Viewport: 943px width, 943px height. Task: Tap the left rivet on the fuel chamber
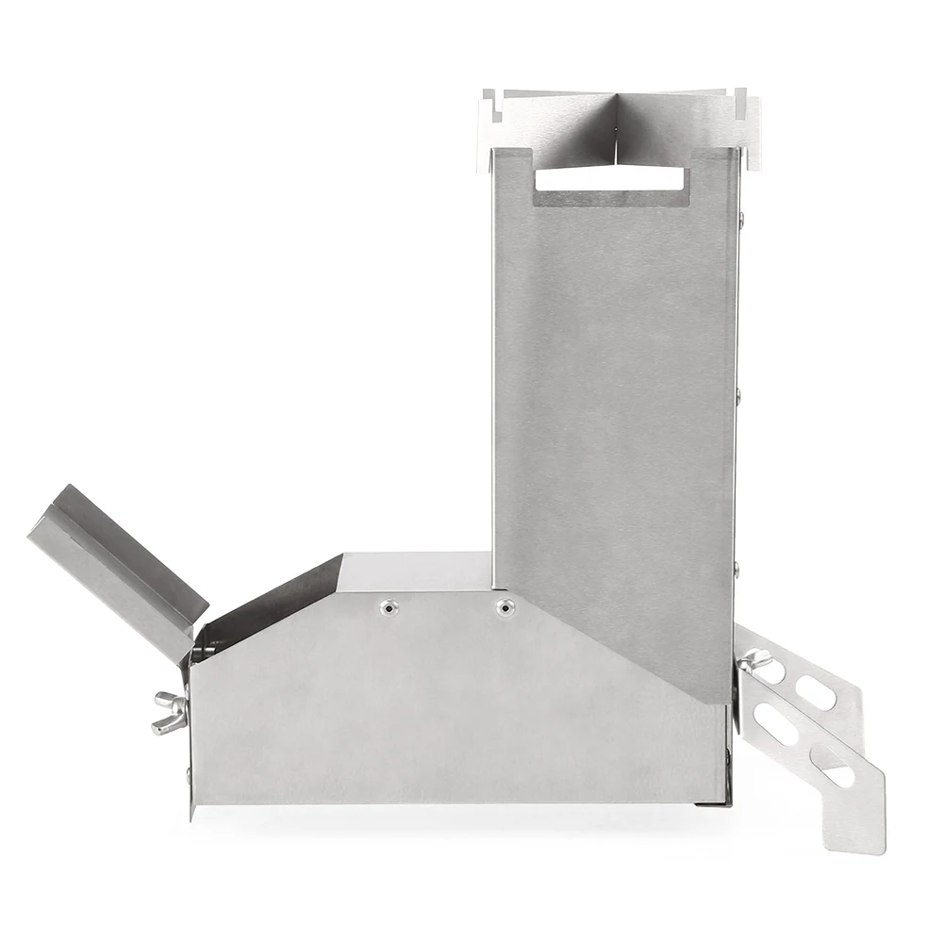coord(388,608)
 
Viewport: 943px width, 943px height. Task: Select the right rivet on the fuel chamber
coord(505,607)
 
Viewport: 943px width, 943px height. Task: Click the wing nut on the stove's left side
coord(170,712)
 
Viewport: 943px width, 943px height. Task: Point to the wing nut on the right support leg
coord(752,663)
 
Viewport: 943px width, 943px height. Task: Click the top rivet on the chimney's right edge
coord(741,221)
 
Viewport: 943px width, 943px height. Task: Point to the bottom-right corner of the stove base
coord(728,803)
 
